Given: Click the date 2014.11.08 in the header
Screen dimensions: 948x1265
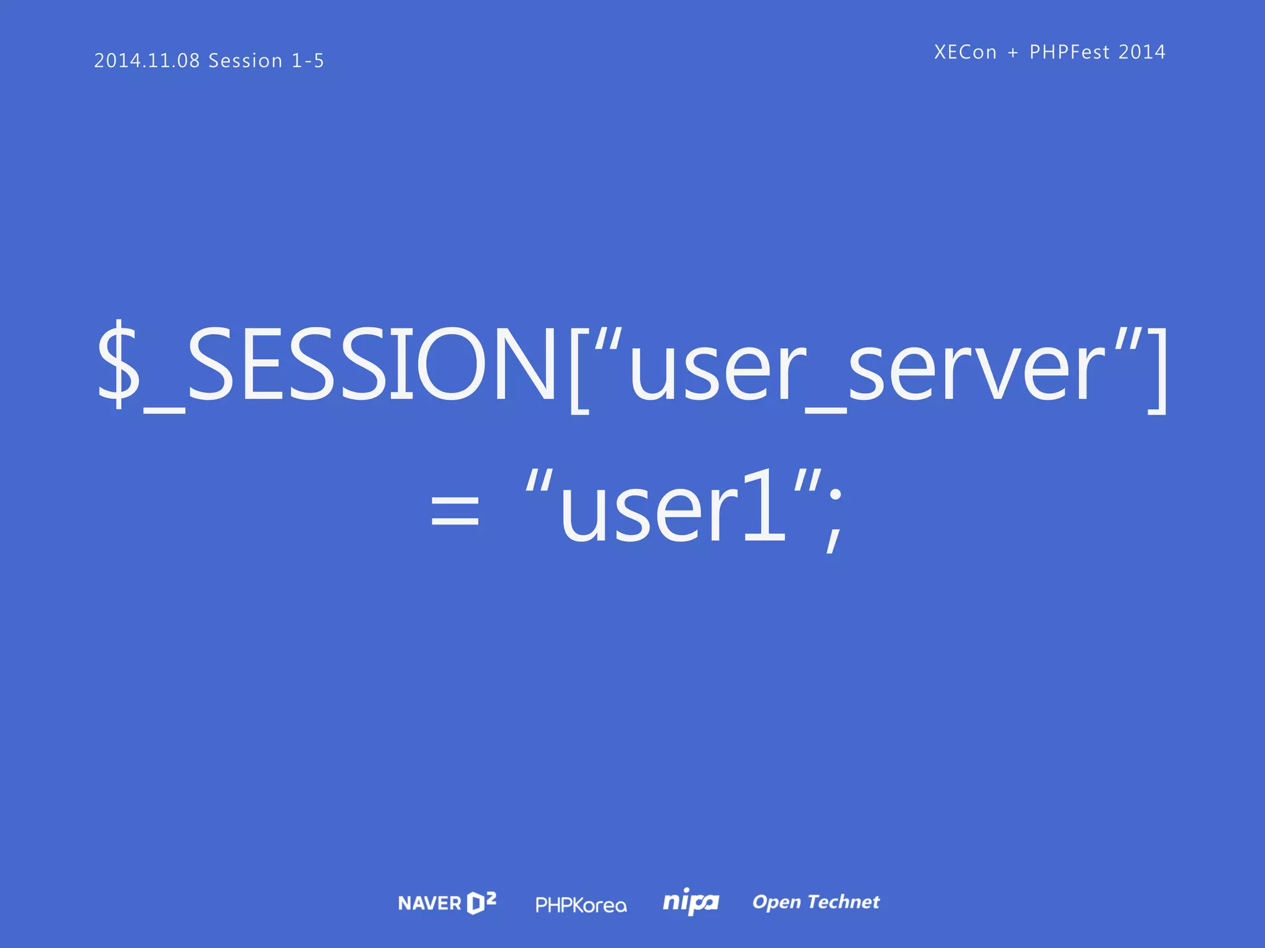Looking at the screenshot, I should (147, 60).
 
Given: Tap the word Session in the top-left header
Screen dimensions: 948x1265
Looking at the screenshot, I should (245, 60).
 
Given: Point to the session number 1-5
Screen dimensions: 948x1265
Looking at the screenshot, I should (308, 60).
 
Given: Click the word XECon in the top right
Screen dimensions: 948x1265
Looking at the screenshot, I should (965, 52).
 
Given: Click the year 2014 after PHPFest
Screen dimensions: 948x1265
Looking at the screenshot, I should (1142, 52).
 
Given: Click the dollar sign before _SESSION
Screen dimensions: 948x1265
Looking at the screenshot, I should (119, 365).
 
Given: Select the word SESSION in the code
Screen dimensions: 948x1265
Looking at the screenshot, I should (371, 365).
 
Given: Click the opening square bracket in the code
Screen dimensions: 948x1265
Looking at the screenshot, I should (579, 370).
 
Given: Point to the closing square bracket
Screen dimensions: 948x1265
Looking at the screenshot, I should (1157, 370).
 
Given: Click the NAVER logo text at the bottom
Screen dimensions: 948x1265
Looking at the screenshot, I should (429, 904).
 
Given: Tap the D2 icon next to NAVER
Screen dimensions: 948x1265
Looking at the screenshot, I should (482, 902).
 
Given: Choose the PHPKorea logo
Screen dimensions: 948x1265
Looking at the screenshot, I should (581, 905).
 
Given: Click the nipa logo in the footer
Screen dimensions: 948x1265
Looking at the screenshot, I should (691, 902).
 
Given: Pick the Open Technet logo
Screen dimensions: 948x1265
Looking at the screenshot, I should (816, 902).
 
